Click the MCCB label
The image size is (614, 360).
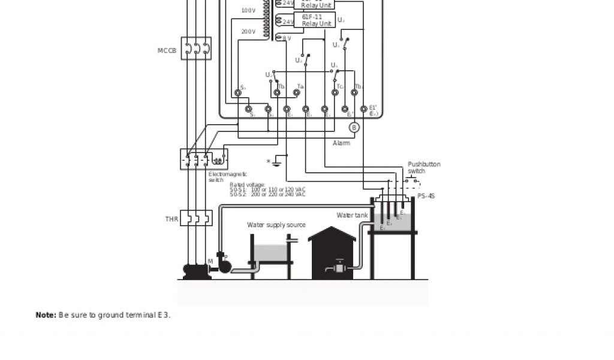pos(167,51)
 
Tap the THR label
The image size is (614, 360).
pos(171,220)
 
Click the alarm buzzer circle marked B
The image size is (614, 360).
pos(354,127)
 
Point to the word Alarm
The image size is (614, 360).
pos(342,143)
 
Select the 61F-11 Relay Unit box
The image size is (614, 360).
pos(316,20)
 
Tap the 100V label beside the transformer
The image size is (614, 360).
pos(248,10)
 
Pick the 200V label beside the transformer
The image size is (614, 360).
pos(248,32)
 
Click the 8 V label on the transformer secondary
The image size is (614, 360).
pos(287,38)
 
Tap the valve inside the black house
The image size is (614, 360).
pos(340,268)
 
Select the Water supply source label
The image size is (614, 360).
pos(276,225)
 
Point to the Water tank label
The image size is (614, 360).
pos(352,215)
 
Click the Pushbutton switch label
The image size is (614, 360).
pos(424,167)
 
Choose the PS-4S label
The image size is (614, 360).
pos(426,196)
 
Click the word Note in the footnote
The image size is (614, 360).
pos(46,315)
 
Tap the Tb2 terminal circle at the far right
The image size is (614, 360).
pos(354,93)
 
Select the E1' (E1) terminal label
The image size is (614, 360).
pos(373,110)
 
